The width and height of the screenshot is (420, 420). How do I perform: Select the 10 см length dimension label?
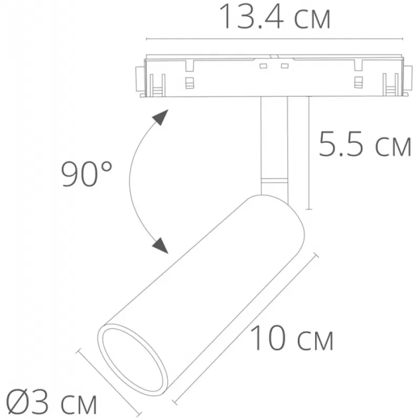291,338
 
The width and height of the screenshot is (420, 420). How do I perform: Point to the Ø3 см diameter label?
51,403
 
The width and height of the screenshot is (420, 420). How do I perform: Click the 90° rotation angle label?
87,174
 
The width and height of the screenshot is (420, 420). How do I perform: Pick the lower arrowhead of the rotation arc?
160,245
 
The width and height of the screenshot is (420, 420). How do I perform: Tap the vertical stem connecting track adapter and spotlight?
274,146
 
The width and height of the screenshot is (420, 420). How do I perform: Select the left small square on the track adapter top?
264,66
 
